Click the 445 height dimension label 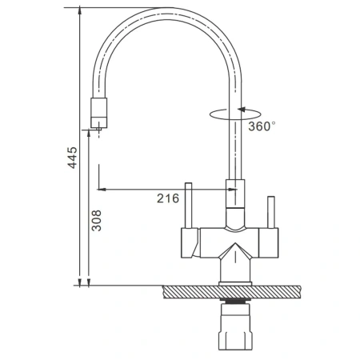click(x=72, y=158)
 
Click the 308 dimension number click(x=96, y=221)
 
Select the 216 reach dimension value click(x=168, y=198)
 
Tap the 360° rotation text click(x=262, y=126)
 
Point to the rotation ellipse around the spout click(x=234, y=119)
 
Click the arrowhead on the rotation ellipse click(x=241, y=110)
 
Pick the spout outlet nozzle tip click(x=99, y=130)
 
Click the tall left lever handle click(x=189, y=206)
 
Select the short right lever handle click(x=271, y=212)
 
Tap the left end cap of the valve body click(x=190, y=243)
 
